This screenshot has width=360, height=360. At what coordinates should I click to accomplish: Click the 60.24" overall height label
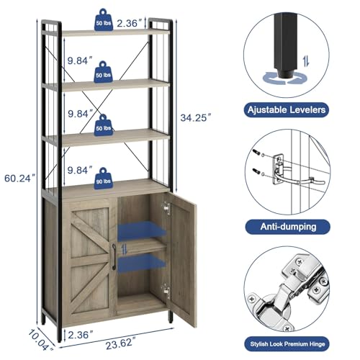[x=20, y=179]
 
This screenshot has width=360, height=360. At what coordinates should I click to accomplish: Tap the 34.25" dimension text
[x=196, y=117]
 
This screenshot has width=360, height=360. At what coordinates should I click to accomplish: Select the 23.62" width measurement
[x=120, y=343]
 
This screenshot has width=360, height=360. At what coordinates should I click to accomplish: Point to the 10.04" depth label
[x=40, y=341]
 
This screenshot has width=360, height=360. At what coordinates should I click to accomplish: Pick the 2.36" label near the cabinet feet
[x=81, y=335]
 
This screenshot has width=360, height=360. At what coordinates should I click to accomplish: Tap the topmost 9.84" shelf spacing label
[x=80, y=60]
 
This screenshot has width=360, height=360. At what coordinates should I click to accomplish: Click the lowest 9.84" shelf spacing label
[x=80, y=170]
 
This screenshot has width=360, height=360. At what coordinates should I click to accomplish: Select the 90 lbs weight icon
[x=103, y=179]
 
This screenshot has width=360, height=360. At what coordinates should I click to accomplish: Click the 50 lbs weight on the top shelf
[x=104, y=20]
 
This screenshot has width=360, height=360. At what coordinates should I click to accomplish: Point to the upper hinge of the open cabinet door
[x=166, y=208]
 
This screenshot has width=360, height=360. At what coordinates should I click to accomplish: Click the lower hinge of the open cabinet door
[x=166, y=290]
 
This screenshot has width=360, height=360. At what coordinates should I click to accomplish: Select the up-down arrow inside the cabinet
[x=125, y=249]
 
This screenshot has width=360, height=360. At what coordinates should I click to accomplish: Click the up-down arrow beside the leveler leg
[x=306, y=61]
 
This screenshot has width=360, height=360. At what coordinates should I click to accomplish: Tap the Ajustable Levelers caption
[x=287, y=110]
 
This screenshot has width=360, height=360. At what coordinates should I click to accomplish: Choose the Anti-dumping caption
[x=288, y=227]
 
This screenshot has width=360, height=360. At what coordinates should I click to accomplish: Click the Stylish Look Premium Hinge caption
[x=287, y=344]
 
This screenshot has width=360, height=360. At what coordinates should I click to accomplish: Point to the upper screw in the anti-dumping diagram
[x=256, y=152]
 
